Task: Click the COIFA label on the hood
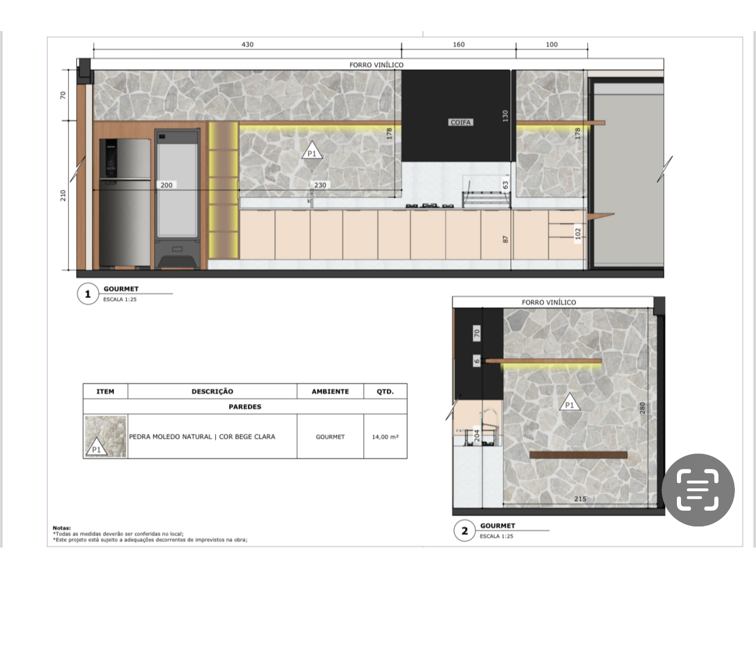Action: coord(461,122)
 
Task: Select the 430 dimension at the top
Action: coord(247,45)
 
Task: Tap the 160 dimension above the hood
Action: coord(459,45)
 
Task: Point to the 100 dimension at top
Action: coord(551,45)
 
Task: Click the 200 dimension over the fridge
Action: coord(166,185)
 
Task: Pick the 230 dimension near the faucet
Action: coord(320,185)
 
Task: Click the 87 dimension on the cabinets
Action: coord(505,239)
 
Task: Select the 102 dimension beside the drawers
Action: coord(578,233)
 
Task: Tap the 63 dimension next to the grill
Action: coord(505,185)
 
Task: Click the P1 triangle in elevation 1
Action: coord(312,151)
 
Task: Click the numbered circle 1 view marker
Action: coord(88,294)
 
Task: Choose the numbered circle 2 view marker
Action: coord(465,531)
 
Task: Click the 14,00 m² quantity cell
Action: coord(385,437)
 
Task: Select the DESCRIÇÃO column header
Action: coord(212,392)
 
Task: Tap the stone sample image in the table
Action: coord(105,436)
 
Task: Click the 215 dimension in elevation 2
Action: coord(580,499)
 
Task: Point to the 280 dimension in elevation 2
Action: coord(642,408)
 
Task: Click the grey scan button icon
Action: coord(698,490)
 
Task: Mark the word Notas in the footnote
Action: coord(62,528)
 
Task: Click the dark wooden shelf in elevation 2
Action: coord(578,455)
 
